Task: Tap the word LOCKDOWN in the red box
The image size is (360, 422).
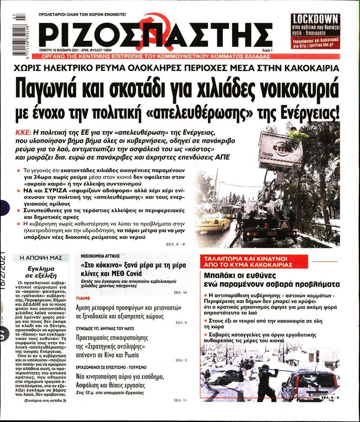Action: click(315, 19)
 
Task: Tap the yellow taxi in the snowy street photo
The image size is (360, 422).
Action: click(213, 223)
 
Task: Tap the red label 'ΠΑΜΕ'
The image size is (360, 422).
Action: click(83, 298)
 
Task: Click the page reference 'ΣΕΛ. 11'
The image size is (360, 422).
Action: click(180, 400)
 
